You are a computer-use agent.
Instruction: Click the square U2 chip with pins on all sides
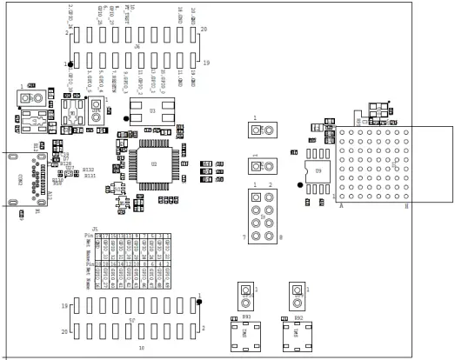click(x=155, y=163)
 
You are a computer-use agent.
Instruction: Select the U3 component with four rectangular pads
click(x=152, y=112)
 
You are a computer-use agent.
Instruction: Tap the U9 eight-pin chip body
click(x=318, y=172)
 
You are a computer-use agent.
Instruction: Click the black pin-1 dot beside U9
click(x=300, y=184)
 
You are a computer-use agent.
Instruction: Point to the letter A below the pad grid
click(x=341, y=206)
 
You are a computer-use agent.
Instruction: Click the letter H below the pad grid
click(x=406, y=206)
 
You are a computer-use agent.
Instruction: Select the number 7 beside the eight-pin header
click(x=244, y=237)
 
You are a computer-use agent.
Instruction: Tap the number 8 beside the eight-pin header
click(x=280, y=237)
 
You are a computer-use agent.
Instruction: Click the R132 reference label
click(x=89, y=170)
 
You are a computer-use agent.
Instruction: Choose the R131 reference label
click(x=90, y=177)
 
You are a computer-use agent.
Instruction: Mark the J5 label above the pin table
click(x=95, y=228)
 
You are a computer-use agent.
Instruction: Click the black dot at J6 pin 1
click(x=70, y=63)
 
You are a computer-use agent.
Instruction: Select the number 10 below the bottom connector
click(x=141, y=348)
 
